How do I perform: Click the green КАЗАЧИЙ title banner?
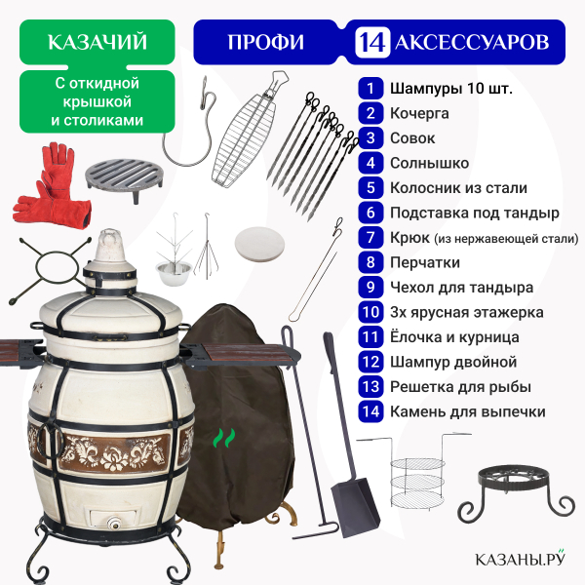(97, 42)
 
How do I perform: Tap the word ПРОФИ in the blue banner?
(265, 42)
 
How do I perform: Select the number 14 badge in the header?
(372, 42)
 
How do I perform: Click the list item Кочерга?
(419, 113)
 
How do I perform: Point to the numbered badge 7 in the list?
(370, 238)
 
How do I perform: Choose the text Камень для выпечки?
(467, 411)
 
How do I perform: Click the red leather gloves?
(53, 186)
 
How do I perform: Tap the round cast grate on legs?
(124, 179)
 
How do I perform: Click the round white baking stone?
(259, 245)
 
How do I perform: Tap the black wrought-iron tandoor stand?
(517, 493)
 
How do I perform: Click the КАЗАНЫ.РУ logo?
(520, 558)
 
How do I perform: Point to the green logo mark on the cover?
(224, 438)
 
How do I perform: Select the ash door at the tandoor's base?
(114, 520)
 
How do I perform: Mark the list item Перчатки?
(425, 262)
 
